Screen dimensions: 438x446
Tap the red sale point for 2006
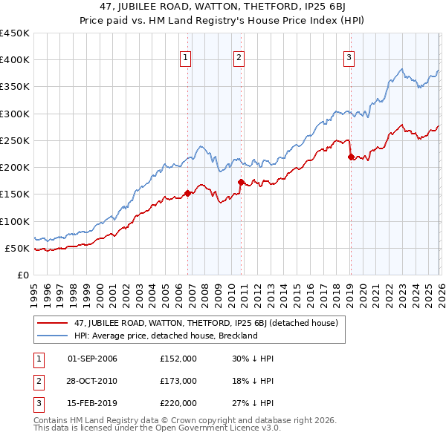[x=187, y=193]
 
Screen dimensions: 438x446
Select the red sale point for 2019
[x=351, y=157]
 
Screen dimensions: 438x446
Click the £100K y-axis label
[x=15, y=221]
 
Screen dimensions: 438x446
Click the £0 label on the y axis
[x=23, y=275]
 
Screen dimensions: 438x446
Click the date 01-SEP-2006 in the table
[x=92, y=359]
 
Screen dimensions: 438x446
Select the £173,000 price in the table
[x=178, y=381]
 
